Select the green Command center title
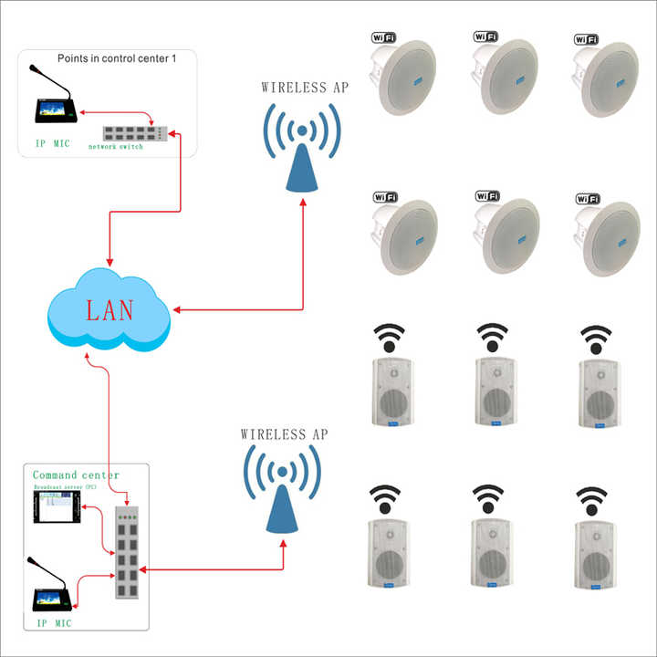76,475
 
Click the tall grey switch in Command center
127,552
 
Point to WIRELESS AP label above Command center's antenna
283,434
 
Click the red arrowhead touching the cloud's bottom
88,357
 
